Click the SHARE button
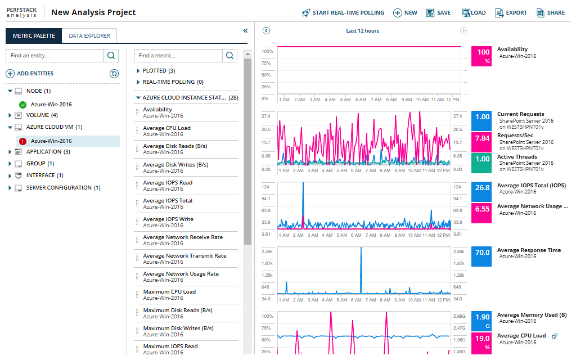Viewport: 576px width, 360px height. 551,12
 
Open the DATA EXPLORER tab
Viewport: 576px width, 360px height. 89,36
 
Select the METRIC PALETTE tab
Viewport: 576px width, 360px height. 34,36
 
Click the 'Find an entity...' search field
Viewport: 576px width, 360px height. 55,56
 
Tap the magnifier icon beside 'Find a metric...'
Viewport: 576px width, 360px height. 229,56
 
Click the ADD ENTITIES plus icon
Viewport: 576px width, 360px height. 10,74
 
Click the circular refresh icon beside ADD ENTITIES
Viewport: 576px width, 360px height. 114,74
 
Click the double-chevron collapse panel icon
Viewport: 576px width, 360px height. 245,31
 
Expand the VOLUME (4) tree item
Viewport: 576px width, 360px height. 10,115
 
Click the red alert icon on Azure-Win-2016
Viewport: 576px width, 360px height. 23,141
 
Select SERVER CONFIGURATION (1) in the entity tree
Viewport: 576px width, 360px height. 62,188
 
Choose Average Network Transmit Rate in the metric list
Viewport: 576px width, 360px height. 184,256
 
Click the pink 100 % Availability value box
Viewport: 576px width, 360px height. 483,56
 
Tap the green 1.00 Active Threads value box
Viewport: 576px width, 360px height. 483,163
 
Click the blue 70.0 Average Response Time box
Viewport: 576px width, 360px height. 483,256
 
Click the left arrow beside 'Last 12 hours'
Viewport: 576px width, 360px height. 266,31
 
